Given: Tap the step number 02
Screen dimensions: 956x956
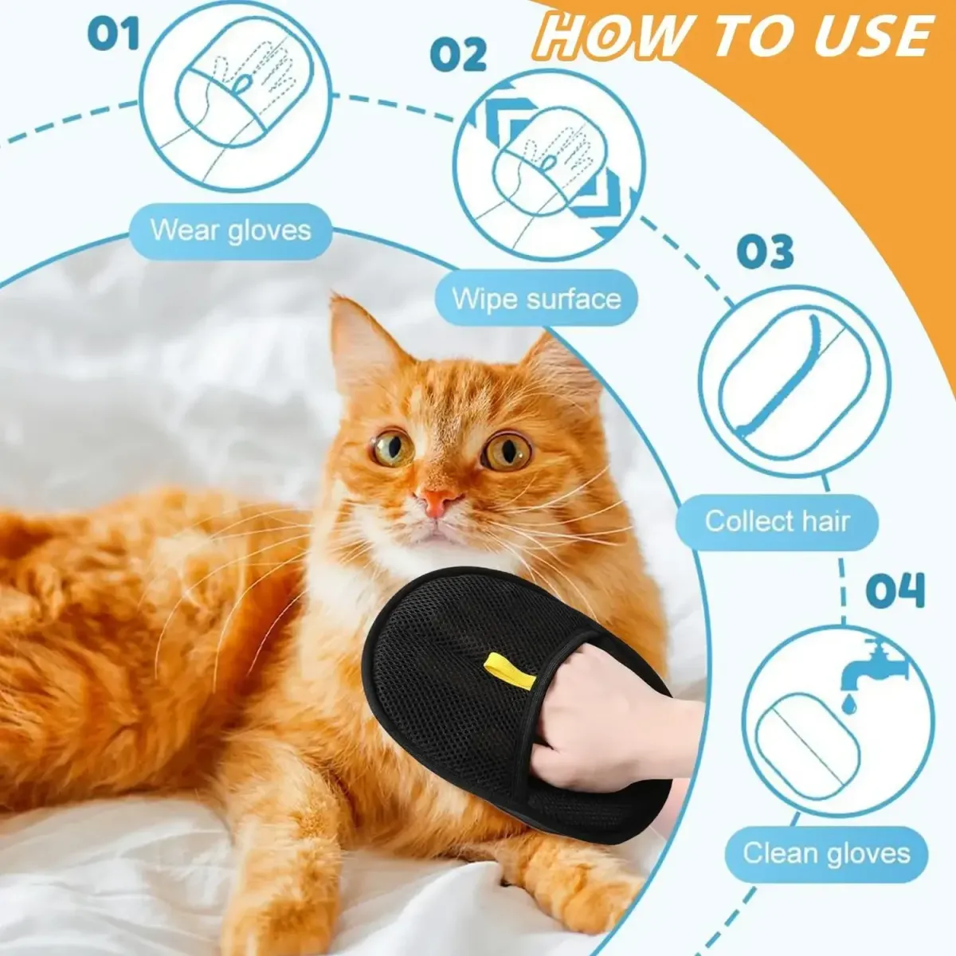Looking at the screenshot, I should (458, 56).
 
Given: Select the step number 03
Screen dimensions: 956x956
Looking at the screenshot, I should (765, 251).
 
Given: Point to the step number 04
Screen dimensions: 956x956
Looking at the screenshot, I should (895, 591).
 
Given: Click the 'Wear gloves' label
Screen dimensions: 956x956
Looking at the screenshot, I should (231, 231).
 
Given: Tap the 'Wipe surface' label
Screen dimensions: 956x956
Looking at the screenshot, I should (536, 300).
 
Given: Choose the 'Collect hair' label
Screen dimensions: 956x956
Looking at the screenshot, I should (777, 522).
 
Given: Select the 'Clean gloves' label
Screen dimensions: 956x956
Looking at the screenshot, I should (826, 853).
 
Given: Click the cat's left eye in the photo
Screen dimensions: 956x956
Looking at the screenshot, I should (393, 448).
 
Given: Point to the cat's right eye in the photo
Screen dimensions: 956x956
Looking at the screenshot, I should (507, 451).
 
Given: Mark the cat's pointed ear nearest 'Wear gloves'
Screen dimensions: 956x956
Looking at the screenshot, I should (358, 335).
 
